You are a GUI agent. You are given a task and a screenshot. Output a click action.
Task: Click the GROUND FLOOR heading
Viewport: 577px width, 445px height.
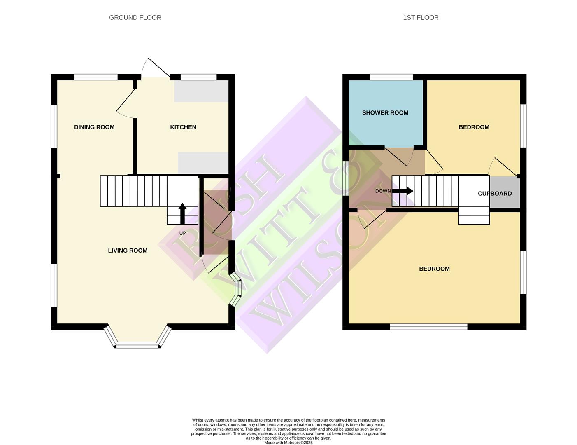tap(135, 17)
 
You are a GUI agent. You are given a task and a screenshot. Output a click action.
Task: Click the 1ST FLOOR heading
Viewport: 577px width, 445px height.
tap(421, 17)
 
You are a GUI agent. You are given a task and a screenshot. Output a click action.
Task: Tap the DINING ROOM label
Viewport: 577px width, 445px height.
tap(94, 127)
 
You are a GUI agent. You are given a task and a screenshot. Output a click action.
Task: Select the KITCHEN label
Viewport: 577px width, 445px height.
tap(183, 127)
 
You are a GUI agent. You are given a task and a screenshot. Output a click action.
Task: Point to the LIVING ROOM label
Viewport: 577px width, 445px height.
tap(128, 251)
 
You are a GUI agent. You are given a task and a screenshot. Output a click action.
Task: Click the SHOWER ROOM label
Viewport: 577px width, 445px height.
tap(385, 112)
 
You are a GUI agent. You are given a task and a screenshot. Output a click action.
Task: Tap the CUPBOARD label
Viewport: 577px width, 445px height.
tap(495, 193)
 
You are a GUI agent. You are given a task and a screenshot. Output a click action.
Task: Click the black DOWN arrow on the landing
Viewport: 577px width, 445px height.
tap(403, 191)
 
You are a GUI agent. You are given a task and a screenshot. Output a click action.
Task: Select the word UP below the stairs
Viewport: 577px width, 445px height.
tap(182, 233)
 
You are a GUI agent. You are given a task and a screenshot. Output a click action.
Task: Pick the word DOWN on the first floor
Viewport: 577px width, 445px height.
tap(383, 191)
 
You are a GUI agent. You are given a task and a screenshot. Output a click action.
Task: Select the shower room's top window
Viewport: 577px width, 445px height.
tap(391, 77)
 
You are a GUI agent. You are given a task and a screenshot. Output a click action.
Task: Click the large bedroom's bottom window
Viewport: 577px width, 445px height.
tap(428, 327)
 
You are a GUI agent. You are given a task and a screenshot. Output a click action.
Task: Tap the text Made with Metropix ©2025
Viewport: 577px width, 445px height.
tap(288, 443)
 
